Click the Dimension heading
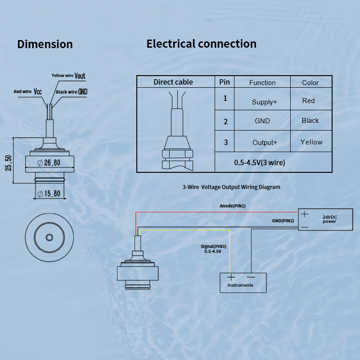point(45,44)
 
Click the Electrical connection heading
point(201,44)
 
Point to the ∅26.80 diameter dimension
point(47,163)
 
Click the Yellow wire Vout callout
point(68,76)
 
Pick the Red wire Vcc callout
point(28,91)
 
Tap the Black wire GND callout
point(72,92)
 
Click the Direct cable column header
point(173,82)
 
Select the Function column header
point(262,82)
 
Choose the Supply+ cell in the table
point(265,102)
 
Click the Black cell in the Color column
point(310,121)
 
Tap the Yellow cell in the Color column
point(311,142)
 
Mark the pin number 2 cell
point(225,121)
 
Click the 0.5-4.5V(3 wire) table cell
point(260,162)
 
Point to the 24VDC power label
point(330,219)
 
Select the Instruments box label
point(240,285)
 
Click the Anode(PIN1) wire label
point(233,206)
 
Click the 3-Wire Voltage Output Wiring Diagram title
point(231,187)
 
